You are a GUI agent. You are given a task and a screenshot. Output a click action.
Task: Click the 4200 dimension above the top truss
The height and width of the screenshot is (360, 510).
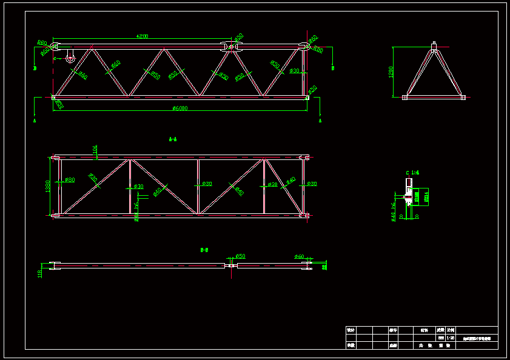coord(142,36)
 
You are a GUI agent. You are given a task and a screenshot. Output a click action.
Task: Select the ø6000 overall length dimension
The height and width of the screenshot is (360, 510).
coord(180,108)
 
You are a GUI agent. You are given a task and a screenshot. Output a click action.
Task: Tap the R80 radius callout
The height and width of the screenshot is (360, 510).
coord(41,42)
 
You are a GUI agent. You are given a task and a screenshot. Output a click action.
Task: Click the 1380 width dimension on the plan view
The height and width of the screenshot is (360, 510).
coord(48,186)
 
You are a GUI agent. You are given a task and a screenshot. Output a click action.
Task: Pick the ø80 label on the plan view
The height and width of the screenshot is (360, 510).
coord(70,180)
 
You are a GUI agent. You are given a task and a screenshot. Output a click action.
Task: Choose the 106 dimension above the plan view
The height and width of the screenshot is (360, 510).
coord(95,149)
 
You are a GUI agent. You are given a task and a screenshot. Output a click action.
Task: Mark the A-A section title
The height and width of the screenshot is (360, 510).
coord(173,139)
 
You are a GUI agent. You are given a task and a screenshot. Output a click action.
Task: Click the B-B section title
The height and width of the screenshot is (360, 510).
coord(204,250)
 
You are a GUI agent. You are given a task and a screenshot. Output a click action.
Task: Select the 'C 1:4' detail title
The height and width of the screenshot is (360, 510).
coord(412,173)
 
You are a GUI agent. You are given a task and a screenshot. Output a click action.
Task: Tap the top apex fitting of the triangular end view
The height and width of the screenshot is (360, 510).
coord(434,46)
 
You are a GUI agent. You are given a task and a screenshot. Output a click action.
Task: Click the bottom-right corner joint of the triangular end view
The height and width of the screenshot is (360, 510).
coord(463,97)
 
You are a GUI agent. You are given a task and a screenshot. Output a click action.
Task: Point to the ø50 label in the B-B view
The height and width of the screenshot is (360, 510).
coord(240,256)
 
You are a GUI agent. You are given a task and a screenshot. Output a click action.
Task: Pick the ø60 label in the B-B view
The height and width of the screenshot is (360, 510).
coord(299,257)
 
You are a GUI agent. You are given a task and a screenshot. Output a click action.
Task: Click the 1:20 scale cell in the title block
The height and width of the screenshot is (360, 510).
coord(450,338)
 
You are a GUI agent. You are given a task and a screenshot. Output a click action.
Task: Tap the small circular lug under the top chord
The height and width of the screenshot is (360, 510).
coord(70,59)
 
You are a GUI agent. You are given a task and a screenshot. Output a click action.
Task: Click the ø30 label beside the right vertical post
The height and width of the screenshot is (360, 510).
coord(294,71)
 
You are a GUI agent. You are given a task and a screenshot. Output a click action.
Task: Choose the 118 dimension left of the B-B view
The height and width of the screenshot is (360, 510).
coord(40,274)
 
